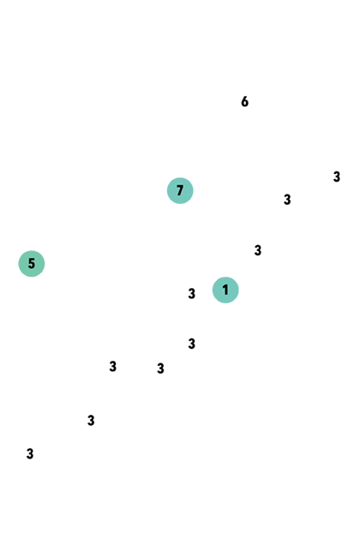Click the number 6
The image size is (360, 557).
point(244,102)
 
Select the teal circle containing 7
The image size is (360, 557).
point(180,190)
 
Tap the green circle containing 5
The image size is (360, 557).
point(32,264)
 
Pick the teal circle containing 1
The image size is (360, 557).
point(225,290)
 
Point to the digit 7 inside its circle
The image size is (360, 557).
point(180,190)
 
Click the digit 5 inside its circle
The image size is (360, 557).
point(32,264)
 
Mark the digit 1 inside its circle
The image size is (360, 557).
point(225,290)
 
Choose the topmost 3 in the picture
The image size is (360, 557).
point(337,177)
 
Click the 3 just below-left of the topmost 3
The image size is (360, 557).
point(287,200)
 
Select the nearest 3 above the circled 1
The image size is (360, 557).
point(258,250)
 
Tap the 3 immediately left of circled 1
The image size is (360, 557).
point(191,294)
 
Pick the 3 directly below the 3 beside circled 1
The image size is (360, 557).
point(191,344)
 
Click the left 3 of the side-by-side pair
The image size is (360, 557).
point(112,366)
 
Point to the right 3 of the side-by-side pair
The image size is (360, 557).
point(160,368)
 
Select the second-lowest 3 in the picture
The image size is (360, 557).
point(91,421)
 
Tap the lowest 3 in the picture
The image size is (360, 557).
point(30,454)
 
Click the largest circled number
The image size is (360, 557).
point(180,190)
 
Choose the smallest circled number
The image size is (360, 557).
point(225,290)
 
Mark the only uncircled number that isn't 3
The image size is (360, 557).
point(244,102)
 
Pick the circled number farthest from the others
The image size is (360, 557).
point(32,264)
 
